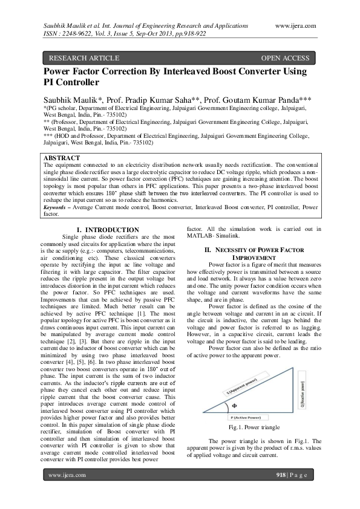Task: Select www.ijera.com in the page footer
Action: pos(67,475)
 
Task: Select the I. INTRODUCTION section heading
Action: pos(109,230)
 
